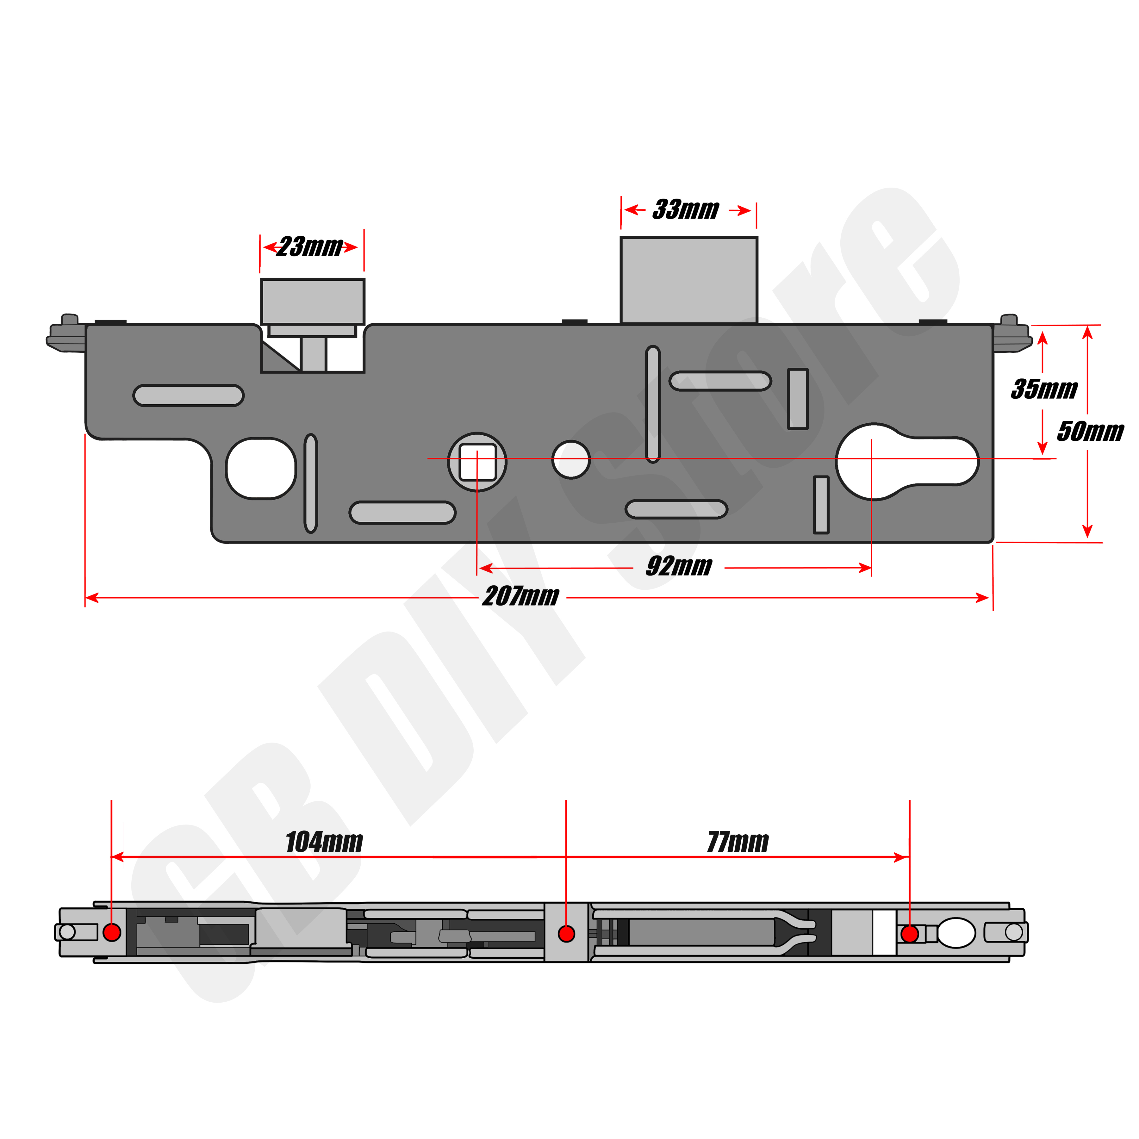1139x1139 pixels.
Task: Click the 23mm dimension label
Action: click(x=310, y=247)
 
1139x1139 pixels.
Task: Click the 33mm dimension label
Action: click(x=686, y=210)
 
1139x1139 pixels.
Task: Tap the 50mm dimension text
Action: click(x=1090, y=432)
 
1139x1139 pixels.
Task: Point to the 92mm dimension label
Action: click(x=679, y=567)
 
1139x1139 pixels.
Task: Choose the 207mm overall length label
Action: click(x=520, y=597)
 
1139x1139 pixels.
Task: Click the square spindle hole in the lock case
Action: click(x=477, y=462)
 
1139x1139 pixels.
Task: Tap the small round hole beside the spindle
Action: click(x=571, y=459)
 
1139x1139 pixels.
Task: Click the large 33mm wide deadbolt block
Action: click(x=688, y=280)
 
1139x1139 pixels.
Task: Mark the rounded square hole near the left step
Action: click(x=261, y=469)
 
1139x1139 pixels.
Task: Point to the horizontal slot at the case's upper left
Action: click(x=189, y=395)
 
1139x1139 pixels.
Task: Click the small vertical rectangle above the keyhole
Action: click(x=798, y=399)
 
